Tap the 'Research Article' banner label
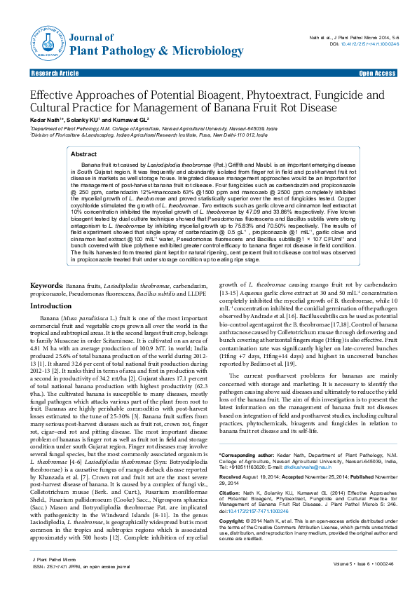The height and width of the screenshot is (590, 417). coord(55,74)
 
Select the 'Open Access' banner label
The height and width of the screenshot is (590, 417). coord(377,74)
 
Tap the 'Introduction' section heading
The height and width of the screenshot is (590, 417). coord(55,306)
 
